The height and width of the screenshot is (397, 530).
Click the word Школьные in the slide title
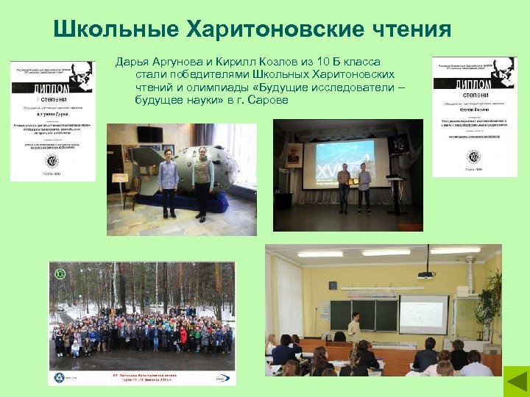(106, 29)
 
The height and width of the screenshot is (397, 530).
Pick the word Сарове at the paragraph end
(269, 100)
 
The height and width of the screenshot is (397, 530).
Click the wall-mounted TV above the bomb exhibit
(149, 134)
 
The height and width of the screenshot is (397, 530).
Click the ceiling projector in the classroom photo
(426, 274)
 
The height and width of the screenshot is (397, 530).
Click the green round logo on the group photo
(60, 274)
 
